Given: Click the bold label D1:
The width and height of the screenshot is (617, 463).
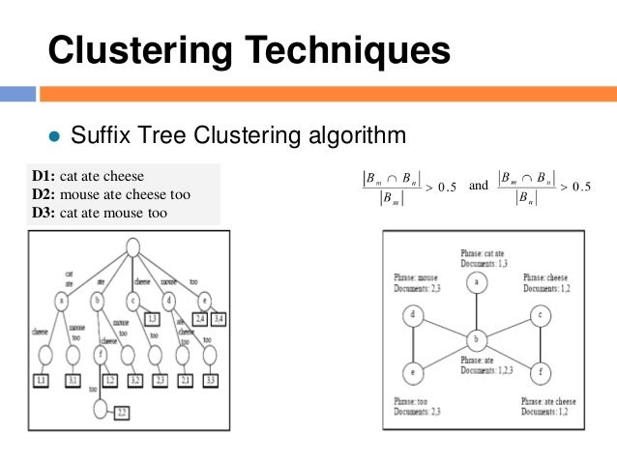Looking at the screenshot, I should pos(44,177).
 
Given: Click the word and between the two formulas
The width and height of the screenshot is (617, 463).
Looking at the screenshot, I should pos(478,184).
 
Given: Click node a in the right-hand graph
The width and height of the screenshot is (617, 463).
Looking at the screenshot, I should pos(476,281).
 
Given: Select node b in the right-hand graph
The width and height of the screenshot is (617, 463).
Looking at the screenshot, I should pos(476,340).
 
